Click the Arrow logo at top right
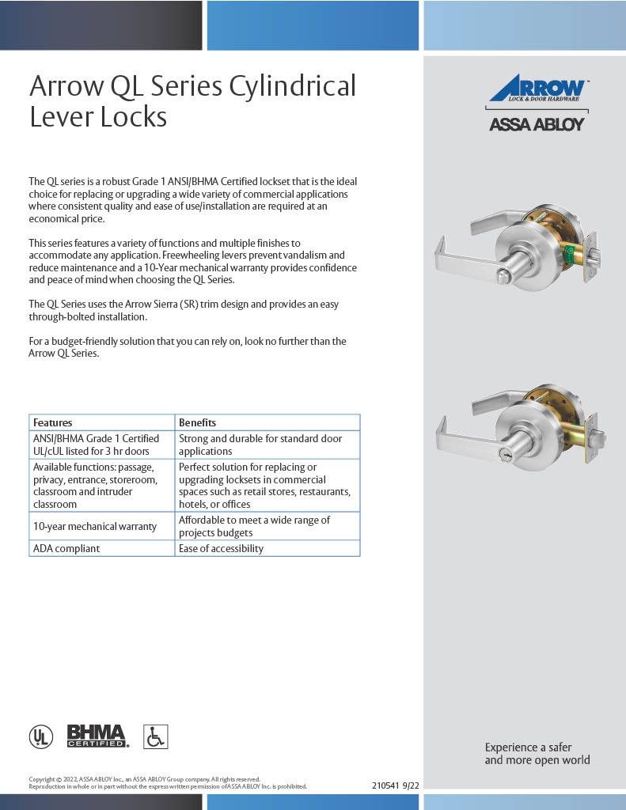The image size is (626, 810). coord(537,90)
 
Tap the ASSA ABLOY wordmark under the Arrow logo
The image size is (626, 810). coord(537,124)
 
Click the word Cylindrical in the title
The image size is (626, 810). coord(292,85)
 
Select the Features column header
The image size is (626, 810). coord(53,422)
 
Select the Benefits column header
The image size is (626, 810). coord(197,422)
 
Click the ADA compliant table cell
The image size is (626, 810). coord(66,548)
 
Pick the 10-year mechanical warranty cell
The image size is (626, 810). coord(94,526)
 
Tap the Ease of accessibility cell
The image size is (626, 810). coord(221,548)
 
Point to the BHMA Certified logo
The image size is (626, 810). coord(97,736)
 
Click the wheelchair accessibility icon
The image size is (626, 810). coord(156,736)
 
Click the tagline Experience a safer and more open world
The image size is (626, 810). coord(537,753)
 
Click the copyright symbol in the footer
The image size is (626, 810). coord(59,779)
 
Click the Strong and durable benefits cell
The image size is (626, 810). coord(260,445)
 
